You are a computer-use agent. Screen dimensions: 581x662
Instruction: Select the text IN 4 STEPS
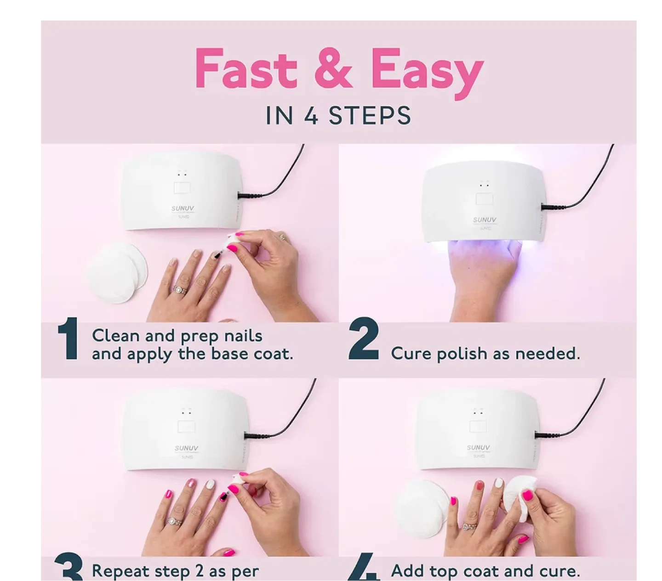(338, 115)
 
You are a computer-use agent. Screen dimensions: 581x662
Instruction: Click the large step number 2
(363, 340)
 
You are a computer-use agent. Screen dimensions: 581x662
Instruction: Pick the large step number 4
(363, 570)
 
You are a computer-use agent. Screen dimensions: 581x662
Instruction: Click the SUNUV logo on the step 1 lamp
(183, 209)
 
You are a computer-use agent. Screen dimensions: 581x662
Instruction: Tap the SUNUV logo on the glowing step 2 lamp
(485, 220)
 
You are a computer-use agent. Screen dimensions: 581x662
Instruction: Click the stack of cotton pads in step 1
(117, 272)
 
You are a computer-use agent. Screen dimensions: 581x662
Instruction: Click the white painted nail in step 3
(210, 484)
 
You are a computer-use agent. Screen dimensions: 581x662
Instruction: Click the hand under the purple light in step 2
(485, 276)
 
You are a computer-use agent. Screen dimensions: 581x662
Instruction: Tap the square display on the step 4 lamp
(478, 426)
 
